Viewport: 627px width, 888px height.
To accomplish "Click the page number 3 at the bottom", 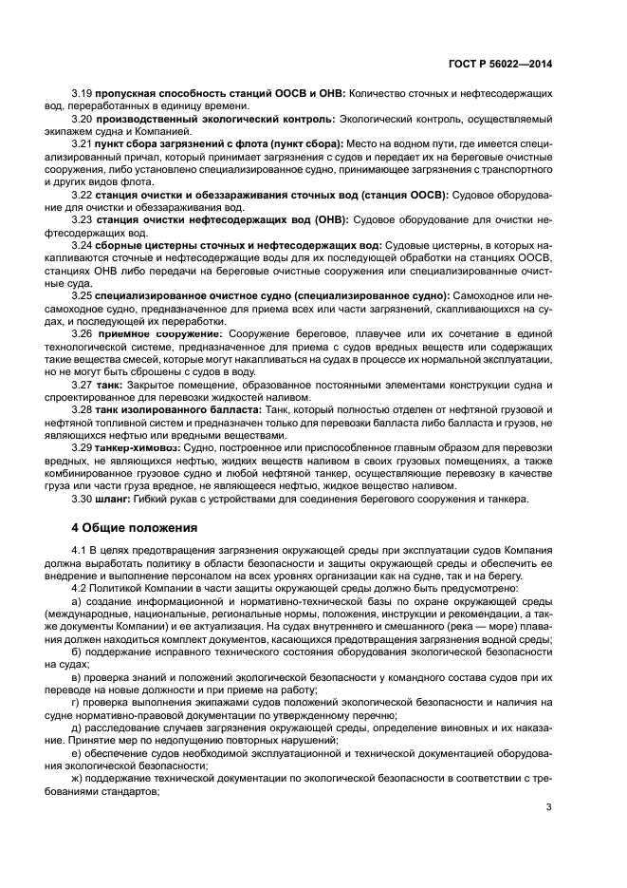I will [548, 808].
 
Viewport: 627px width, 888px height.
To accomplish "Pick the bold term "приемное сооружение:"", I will [157, 334].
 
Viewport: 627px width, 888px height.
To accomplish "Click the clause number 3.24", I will [82, 245].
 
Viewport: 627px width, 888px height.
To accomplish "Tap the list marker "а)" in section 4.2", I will [78, 601].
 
